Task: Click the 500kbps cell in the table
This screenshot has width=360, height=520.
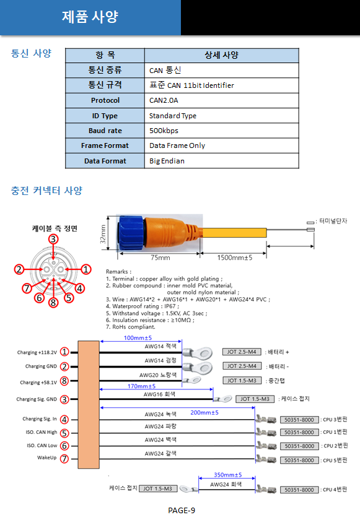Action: (x=164, y=131)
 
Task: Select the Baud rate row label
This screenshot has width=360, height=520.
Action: (x=105, y=131)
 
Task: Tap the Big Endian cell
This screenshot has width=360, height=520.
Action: (x=167, y=161)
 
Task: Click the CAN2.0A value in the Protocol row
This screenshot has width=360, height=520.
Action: (x=164, y=100)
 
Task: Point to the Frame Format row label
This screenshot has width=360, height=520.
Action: (x=105, y=145)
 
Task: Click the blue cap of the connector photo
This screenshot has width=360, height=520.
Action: (x=130, y=232)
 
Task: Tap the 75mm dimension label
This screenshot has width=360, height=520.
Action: (x=160, y=258)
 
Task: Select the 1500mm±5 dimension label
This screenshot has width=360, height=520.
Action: (x=235, y=258)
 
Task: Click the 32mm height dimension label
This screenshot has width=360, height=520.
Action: (x=103, y=234)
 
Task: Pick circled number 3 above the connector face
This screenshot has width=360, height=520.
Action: (x=53, y=239)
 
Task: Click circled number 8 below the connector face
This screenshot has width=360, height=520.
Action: (x=53, y=303)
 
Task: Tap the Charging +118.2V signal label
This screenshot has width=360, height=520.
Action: (x=37, y=352)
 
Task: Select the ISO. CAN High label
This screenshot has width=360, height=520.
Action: (x=42, y=433)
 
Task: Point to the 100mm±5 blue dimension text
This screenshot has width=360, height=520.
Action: (x=138, y=338)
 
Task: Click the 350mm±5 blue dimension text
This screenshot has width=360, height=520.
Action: (x=227, y=475)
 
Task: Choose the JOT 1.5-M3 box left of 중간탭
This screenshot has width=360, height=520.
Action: (x=242, y=380)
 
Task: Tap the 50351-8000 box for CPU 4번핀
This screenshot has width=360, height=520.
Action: (x=299, y=490)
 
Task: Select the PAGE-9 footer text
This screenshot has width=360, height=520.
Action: (x=182, y=510)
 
